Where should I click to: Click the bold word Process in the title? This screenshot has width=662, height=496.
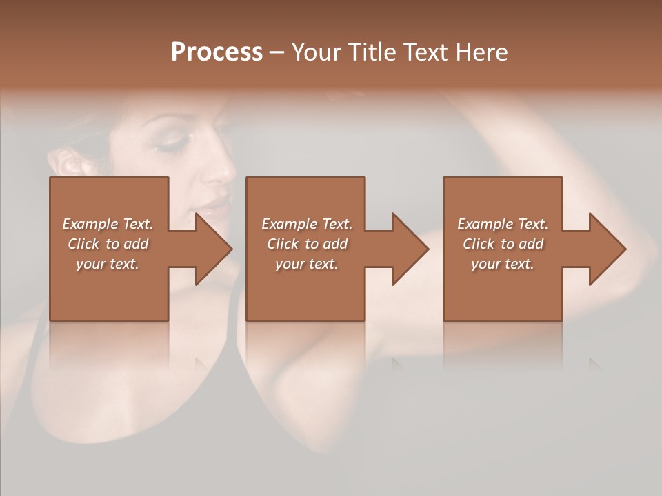click(217, 52)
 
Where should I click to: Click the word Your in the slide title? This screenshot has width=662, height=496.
click(317, 52)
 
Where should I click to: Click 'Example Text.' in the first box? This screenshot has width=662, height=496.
click(108, 224)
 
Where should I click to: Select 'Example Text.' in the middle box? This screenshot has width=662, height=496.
click(306, 224)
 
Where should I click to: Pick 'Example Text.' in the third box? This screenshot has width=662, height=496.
click(503, 224)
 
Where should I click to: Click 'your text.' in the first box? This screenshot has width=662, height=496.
click(108, 264)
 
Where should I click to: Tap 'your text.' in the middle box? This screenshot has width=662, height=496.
click(306, 264)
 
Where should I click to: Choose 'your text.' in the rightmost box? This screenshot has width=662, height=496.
click(503, 264)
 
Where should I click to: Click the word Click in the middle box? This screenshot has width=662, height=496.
click(283, 244)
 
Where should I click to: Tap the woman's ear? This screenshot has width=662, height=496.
click(69, 164)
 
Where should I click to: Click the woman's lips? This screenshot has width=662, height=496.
click(214, 205)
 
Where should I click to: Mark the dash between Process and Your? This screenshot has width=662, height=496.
click(277, 53)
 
